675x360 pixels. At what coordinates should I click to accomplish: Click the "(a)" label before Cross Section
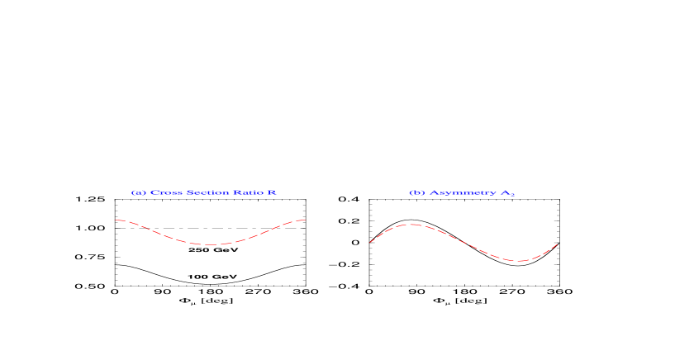point(138,192)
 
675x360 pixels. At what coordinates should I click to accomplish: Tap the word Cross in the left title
point(162,192)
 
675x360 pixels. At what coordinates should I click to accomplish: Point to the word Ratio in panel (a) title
point(247,192)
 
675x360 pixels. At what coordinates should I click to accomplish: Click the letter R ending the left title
point(272,192)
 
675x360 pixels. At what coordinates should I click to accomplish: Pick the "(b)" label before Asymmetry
point(417,192)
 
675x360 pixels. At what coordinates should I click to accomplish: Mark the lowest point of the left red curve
point(212,244)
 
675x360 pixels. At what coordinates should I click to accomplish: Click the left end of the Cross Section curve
point(116,220)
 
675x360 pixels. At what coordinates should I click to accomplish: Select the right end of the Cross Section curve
point(307,220)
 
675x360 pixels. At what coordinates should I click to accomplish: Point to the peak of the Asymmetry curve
point(410,224)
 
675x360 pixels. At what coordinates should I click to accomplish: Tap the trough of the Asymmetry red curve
point(518,261)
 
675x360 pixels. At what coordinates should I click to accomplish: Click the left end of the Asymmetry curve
point(369,242)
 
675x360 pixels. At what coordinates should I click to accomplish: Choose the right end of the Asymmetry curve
point(558,244)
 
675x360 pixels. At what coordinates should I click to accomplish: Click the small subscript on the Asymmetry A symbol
point(512,195)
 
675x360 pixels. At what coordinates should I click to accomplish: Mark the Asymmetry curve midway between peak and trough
point(463,243)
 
